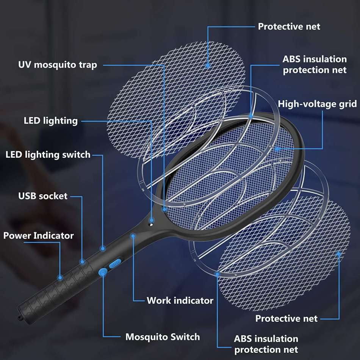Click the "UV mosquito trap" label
58,65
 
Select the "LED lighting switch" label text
48,155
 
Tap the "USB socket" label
43,196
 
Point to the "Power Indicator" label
39,236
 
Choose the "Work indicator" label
180,301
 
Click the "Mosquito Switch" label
163,337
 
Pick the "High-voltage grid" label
317,104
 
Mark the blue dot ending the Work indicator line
133,236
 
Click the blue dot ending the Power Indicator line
60,277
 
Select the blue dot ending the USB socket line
82,261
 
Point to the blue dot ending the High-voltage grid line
278,149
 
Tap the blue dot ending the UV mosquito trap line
164,208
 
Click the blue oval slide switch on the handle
115,263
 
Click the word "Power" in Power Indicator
17,236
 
